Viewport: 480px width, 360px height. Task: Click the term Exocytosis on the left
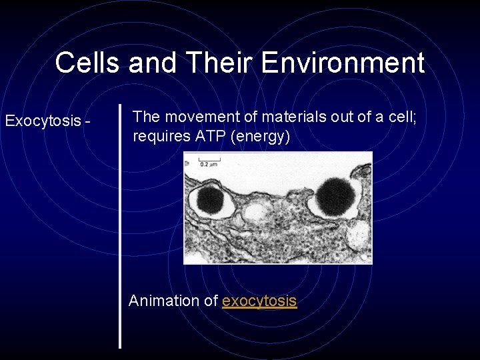(43, 121)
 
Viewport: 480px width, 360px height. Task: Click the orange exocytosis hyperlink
(259, 301)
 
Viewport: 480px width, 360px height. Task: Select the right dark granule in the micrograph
(334, 196)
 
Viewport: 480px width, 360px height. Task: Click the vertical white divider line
(120, 227)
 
